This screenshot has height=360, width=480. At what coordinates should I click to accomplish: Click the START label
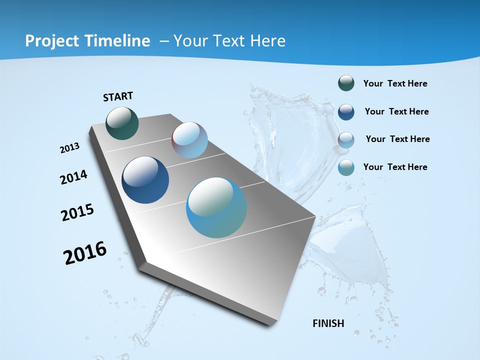[x=118, y=96]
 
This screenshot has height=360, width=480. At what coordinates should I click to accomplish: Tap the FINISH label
[x=328, y=323]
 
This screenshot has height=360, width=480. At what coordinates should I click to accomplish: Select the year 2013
[x=69, y=148]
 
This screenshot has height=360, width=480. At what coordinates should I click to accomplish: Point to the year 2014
[x=73, y=177]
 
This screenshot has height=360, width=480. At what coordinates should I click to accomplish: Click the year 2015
[x=77, y=212]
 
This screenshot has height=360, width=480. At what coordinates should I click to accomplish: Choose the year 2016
[x=85, y=253]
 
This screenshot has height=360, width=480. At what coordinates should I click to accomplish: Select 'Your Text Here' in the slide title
[x=229, y=41]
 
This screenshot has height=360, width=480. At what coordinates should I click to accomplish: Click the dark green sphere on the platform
[x=122, y=123]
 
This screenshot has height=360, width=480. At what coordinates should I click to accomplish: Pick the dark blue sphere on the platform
[x=145, y=180]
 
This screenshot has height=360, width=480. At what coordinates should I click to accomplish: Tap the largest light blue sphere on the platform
[x=216, y=207]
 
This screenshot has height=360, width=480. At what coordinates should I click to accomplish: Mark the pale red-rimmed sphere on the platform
[x=189, y=140]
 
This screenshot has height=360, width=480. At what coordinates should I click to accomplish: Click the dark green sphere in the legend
[x=346, y=83]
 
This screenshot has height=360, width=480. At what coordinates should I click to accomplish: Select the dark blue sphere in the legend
[x=346, y=112]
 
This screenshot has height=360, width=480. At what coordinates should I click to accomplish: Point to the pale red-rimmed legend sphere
[x=346, y=140]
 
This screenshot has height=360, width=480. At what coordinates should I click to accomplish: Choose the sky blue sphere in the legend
[x=346, y=167]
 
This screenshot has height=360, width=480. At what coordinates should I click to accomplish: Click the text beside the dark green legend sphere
[x=395, y=84]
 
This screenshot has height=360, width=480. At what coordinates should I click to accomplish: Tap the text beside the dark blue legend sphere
[x=396, y=111]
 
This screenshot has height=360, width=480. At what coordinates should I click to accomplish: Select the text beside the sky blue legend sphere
[x=395, y=167]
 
